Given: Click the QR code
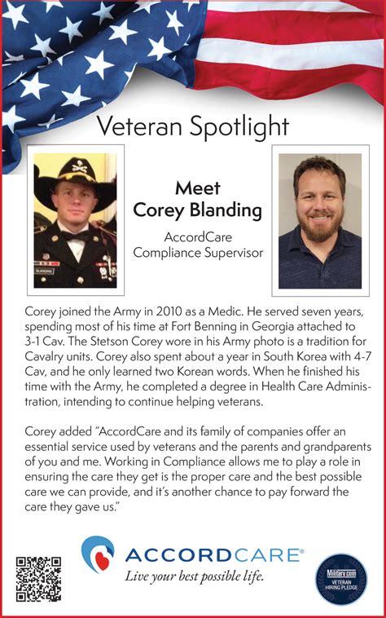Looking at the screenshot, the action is tap(38, 578).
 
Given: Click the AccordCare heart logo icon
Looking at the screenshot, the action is tap(99, 554).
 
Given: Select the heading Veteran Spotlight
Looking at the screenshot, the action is tap(192, 126).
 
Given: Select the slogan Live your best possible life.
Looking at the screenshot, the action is tap(194, 577).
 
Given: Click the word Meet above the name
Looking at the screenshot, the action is tap(198, 188).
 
